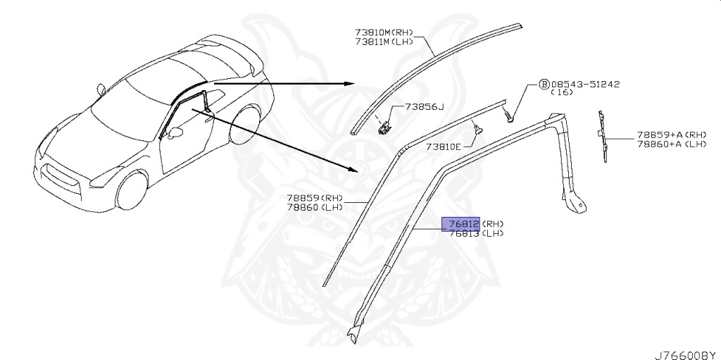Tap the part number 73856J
pyautogui.click(x=425, y=107)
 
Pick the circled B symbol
pyautogui.click(x=544, y=84)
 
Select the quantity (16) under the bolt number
pyautogui.click(x=561, y=92)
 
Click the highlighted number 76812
pyautogui.click(x=460, y=224)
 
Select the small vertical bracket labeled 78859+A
pyautogui.click(x=603, y=137)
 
